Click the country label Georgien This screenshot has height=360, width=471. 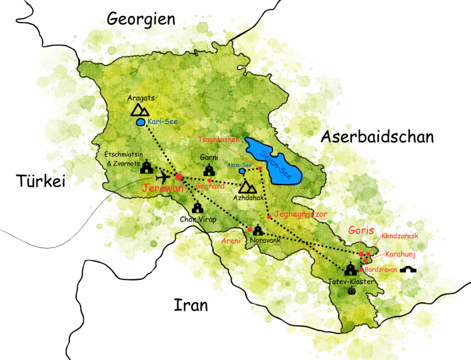point(141,19)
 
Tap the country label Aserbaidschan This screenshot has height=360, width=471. point(377,137)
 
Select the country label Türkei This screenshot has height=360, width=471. point(41,181)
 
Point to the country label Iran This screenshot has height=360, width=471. point(191,305)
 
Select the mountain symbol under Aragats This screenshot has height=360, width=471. point(140,110)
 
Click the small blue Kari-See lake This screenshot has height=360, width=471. point(140,123)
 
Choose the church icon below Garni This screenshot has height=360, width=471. point(209,170)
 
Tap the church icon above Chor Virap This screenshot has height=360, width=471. point(198,208)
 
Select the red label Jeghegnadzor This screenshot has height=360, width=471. point(300,214)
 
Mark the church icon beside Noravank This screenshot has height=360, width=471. point(257,230)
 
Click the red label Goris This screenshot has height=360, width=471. point(361,230)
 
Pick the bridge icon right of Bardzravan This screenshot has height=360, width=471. point(408,270)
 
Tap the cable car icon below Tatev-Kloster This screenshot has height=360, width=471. point(352,290)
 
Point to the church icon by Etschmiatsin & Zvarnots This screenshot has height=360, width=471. point(147,169)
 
